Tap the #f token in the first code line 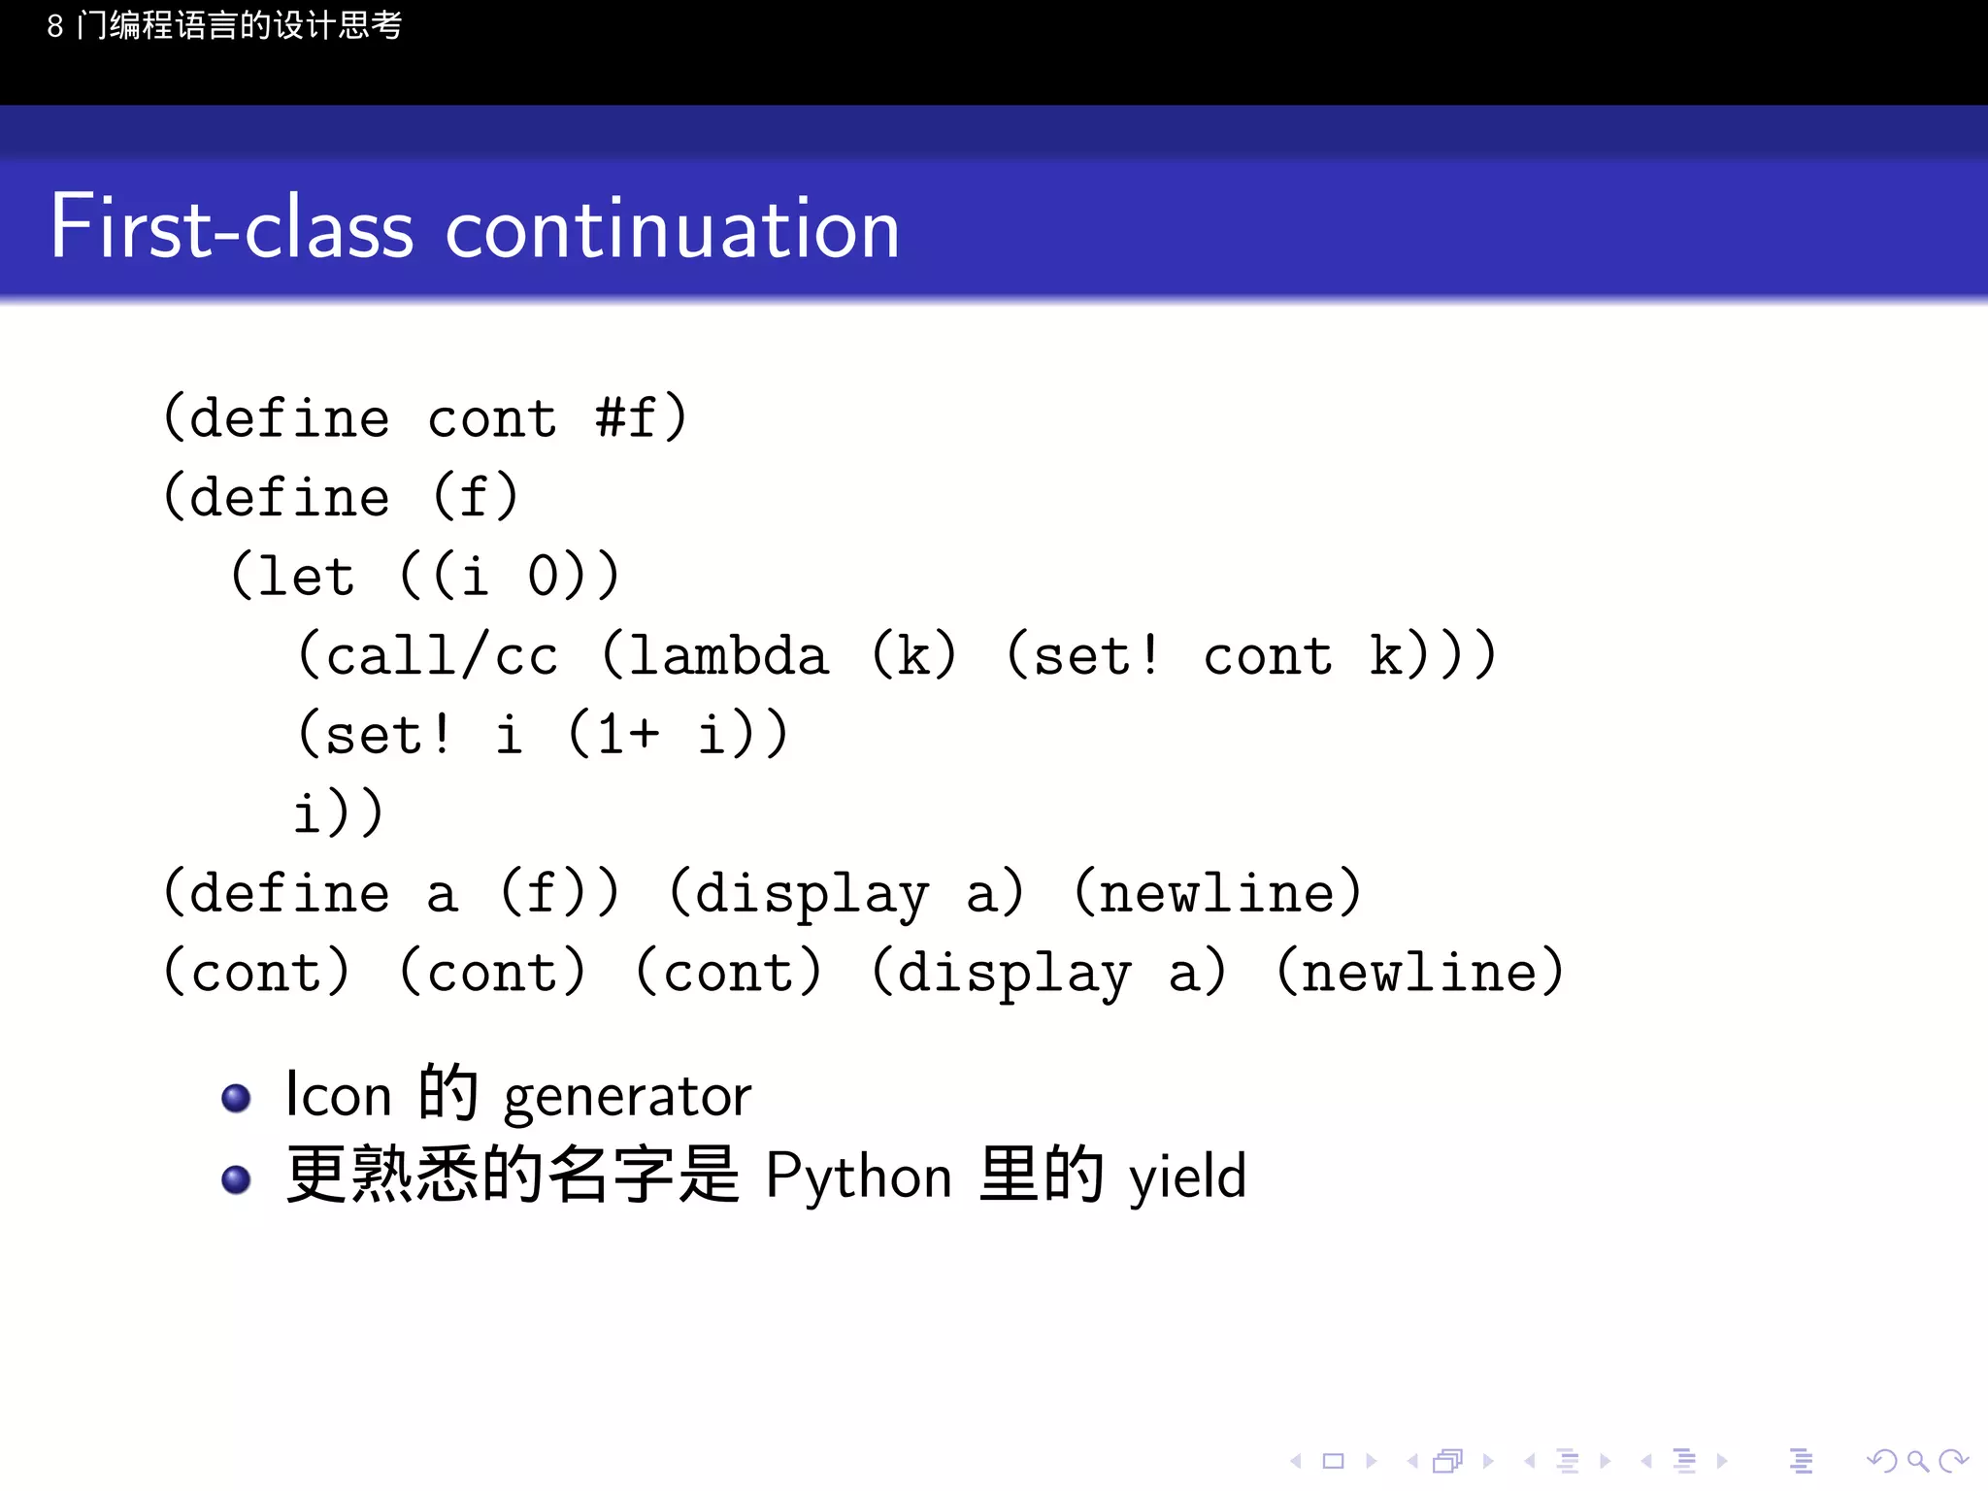(x=626, y=418)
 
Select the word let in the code (x=306, y=577)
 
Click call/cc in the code (x=442, y=655)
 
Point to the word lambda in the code (x=728, y=655)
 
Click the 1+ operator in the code (x=628, y=735)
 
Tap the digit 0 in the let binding (x=544, y=577)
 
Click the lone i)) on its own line (x=339, y=813)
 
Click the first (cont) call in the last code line (x=256, y=972)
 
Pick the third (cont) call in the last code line (x=728, y=972)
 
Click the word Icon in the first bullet (x=339, y=1095)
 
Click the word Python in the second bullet (x=858, y=1176)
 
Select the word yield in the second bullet (x=1186, y=1176)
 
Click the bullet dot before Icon (x=236, y=1098)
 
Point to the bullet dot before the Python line (x=236, y=1179)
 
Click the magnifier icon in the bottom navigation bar (x=1917, y=1460)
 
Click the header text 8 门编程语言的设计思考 (x=224, y=25)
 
